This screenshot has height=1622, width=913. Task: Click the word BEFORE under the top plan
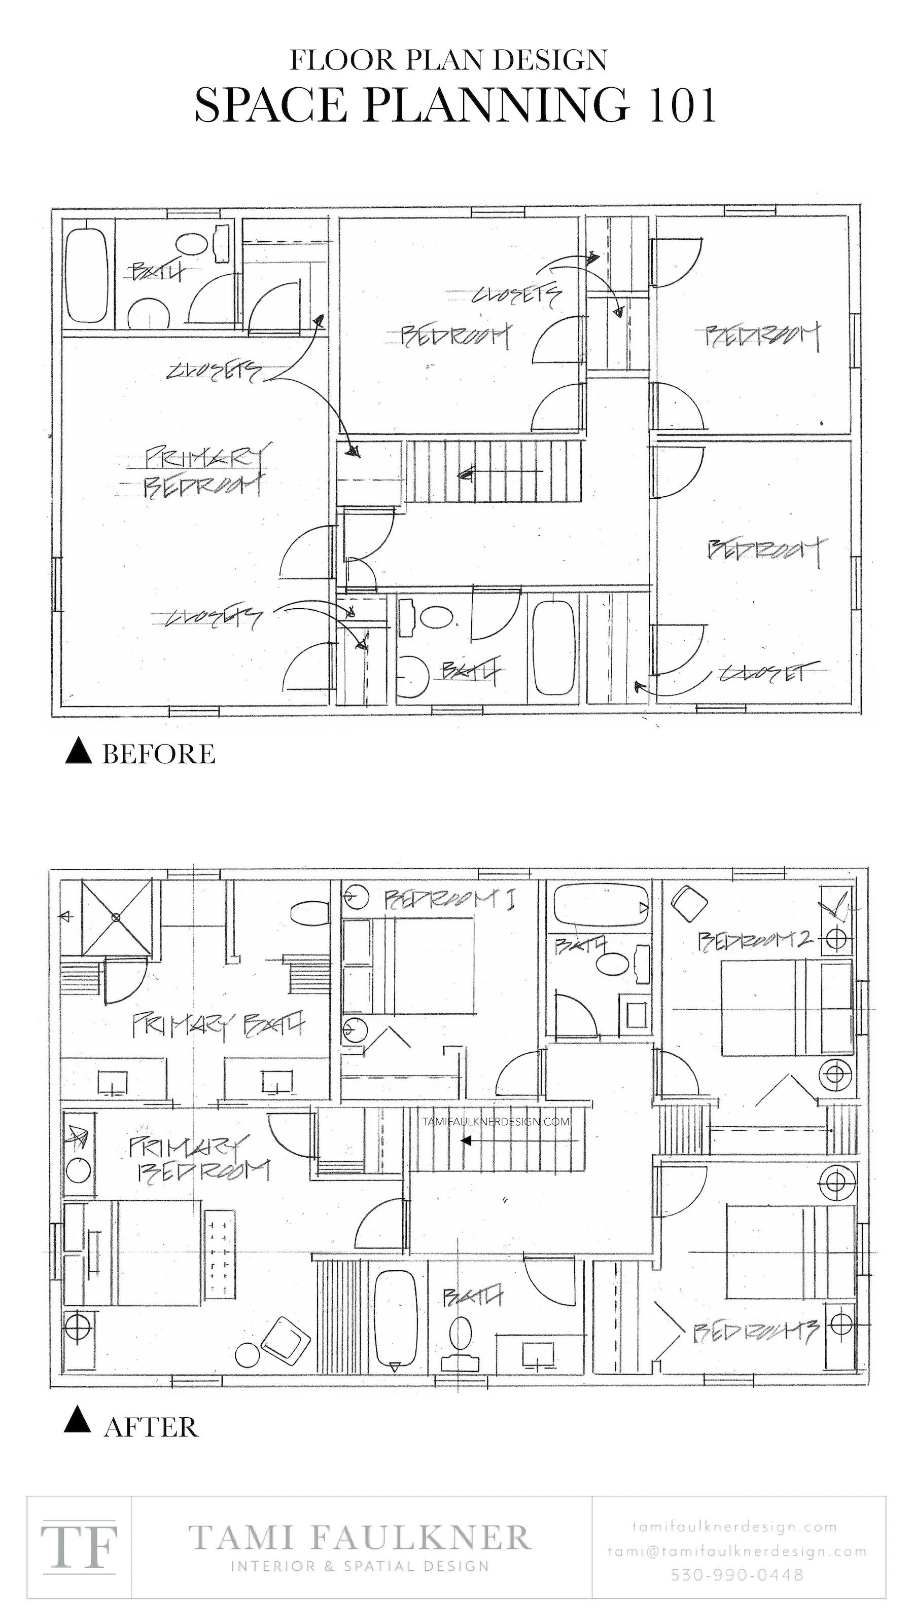coord(158,754)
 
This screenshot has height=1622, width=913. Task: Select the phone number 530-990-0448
coord(737,1575)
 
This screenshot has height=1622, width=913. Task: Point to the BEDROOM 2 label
coord(753,941)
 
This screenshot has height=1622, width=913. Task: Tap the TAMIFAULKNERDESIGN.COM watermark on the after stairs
coord(496,1121)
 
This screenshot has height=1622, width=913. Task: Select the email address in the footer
coord(737,1552)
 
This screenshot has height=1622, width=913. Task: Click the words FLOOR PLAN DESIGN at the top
coord(448,60)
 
